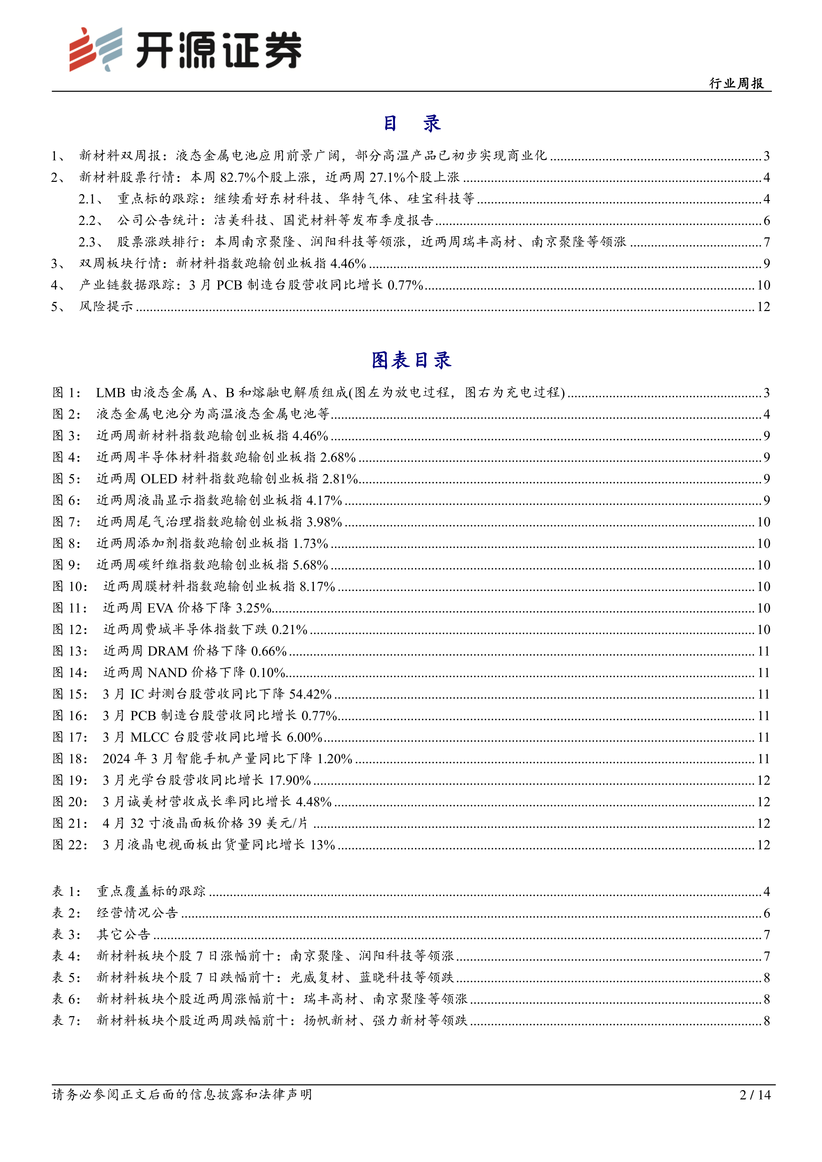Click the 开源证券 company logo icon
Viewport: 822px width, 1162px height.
point(96,49)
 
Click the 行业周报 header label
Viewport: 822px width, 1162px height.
point(737,83)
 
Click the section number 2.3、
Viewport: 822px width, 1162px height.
point(90,242)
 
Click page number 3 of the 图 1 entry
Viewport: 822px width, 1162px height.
point(766,393)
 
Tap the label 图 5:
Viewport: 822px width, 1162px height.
point(66,479)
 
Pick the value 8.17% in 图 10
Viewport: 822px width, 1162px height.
point(317,587)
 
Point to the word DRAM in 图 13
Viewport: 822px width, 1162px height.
point(168,651)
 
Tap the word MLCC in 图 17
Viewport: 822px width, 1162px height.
point(149,737)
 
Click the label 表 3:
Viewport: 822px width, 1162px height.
point(66,934)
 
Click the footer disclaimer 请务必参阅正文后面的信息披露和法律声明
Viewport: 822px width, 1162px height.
point(182,1095)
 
